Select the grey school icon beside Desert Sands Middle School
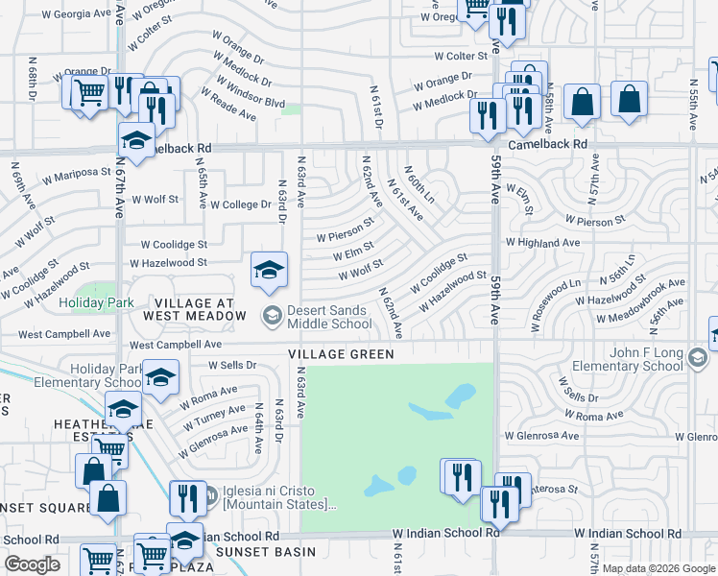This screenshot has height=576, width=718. point(272,314)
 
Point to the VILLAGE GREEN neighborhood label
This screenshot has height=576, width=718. point(341,354)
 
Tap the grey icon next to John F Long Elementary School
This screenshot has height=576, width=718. point(697,358)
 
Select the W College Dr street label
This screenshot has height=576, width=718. point(241,204)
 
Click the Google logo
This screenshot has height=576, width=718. point(33,564)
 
